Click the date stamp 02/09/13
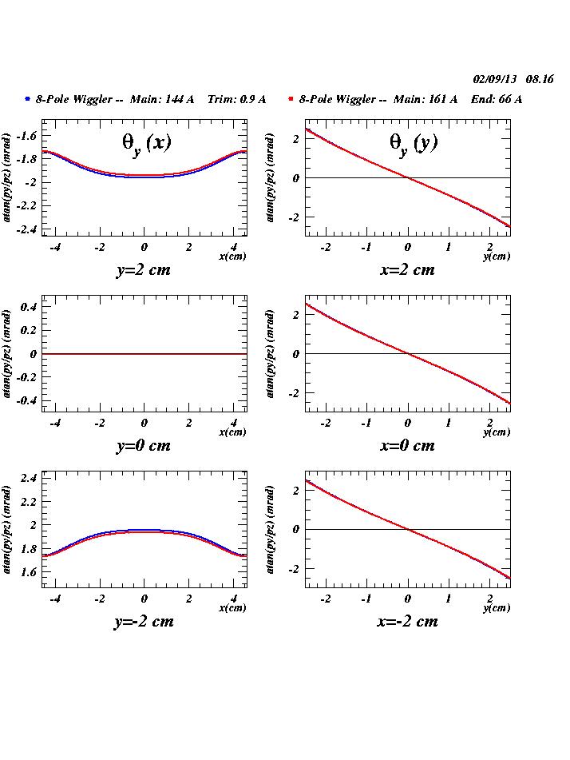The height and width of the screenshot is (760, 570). (495, 79)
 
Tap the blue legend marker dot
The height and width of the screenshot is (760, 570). (27, 99)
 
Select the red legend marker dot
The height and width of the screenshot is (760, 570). (291, 99)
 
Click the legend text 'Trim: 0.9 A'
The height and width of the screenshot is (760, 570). (236, 99)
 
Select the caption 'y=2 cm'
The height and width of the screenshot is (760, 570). (144, 269)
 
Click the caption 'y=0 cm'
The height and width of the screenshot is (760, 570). (144, 445)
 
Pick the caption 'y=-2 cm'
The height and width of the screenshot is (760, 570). (144, 621)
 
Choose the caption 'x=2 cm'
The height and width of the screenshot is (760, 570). (407, 269)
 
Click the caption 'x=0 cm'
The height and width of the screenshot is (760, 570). (407, 445)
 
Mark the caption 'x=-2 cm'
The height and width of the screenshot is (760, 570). (407, 621)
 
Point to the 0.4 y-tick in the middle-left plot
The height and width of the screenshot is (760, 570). (30, 307)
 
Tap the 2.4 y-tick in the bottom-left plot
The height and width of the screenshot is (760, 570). (30, 478)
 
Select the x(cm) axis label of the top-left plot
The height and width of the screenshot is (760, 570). (232, 257)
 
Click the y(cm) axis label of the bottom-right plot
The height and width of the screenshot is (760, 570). (496, 608)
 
